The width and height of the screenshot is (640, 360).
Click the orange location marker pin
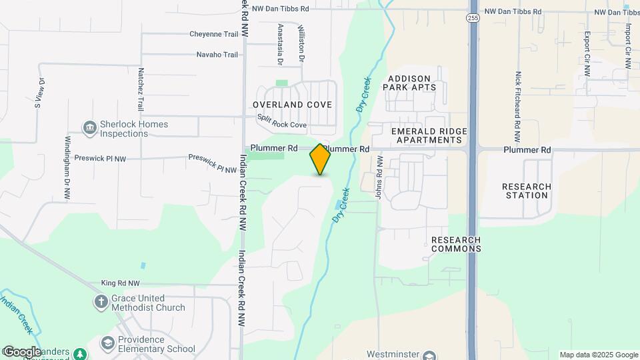[x=320, y=159]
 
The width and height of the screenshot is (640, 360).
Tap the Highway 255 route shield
[x=473, y=18]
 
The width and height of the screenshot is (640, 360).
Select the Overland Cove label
[x=293, y=105]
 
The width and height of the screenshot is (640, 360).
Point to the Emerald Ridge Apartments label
[x=429, y=135]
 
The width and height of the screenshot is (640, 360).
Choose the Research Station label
[x=527, y=191]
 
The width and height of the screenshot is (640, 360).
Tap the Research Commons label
[x=456, y=244]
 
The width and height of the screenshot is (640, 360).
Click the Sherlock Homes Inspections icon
[x=89, y=127]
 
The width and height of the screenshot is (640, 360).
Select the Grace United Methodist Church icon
[x=101, y=303]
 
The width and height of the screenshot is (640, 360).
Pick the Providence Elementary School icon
[x=107, y=343]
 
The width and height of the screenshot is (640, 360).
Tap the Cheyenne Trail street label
[x=213, y=34]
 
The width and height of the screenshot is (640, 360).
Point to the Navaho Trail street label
[x=217, y=55]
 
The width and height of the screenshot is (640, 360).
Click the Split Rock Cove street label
[x=282, y=125]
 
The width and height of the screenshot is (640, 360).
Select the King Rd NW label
[x=121, y=283]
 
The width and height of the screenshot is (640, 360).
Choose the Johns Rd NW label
[x=379, y=176]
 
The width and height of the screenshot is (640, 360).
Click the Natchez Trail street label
[x=141, y=89]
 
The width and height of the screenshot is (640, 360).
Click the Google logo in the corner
[x=21, y=351]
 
